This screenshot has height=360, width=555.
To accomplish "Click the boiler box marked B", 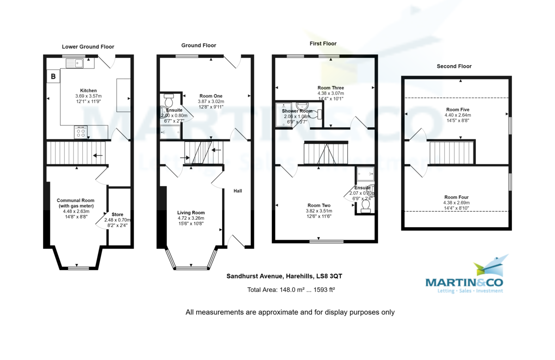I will pos(53,76).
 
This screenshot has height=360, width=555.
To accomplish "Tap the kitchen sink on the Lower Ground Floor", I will pos(75,62).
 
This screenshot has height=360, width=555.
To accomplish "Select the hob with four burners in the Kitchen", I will pos(81,133).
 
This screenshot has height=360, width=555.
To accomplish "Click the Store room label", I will pos(117,215).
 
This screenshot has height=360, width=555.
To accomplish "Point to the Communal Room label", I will pos(75,200).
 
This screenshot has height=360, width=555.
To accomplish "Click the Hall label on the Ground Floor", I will pos(238,191).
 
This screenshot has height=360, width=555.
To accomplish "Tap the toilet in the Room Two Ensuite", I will pos(365,205).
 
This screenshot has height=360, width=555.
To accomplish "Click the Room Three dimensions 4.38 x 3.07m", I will pos(331,93).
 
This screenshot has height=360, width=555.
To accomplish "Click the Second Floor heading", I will pos(454,66).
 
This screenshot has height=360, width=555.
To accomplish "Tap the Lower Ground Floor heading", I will pos(88,47).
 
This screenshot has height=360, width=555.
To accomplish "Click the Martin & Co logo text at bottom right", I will pos(464,282).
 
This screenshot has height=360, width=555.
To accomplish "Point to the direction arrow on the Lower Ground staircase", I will pos(98,155).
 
